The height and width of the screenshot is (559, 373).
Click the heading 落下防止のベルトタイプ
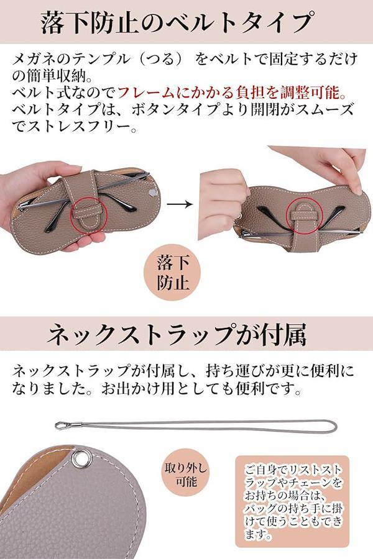point(177,22)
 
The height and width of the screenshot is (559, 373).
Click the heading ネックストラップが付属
point(177,334)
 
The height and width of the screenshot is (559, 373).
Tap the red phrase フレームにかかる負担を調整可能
point(228,93)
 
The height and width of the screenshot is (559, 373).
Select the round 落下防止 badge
point(172,273)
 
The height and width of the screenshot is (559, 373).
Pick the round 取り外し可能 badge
point(186,475)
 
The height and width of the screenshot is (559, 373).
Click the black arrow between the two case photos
point(180,204)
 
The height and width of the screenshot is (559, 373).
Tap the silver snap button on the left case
point(152,193)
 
